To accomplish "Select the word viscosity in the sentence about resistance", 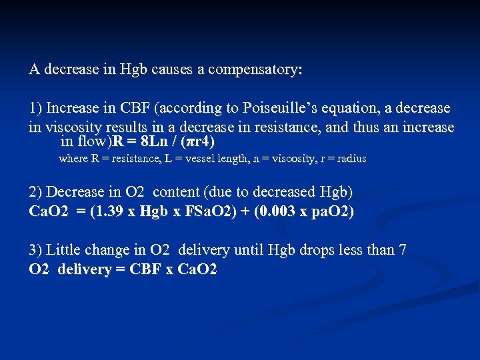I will (x=74, y=127).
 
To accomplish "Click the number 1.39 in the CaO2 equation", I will (x=105, y=212).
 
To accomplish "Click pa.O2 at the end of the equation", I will (x=329, y=212).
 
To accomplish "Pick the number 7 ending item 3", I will (x=403, y=250).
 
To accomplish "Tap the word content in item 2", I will (x=177, y=192).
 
